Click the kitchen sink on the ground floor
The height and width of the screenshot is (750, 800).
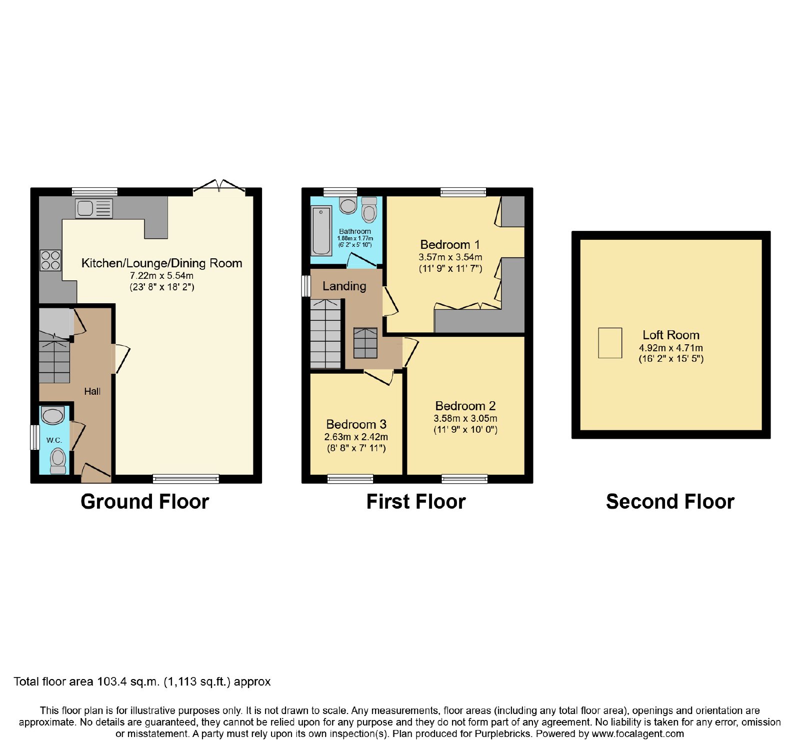tap(94, 208)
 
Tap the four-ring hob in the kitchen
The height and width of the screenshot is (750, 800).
tap(50, 260)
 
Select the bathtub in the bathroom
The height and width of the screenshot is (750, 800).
tap(321, 231)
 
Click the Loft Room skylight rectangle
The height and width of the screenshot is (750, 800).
tap(610, 343)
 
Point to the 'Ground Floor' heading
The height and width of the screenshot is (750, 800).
tap(144, 502)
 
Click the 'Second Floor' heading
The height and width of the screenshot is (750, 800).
tap(670, 502)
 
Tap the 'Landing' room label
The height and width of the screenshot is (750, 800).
tap(344, 286)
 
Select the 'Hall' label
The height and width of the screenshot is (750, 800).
tap(92, 391)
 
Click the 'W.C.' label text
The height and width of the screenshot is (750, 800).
tap(54, 440)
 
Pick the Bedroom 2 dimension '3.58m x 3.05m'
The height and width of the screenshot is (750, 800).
tap(465, 419)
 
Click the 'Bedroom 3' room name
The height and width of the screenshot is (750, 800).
tap(356, 424)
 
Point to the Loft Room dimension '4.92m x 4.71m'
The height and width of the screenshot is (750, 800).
tap(670, 348)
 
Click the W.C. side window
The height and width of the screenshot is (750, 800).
tap(34, 437)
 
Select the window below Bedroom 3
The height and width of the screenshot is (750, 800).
tap(350, 479)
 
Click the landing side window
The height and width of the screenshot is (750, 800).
tap(306, 286)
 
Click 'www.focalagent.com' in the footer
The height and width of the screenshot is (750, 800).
tap(637, 734)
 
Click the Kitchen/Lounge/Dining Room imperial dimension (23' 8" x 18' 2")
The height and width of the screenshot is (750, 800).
tap(162, 287)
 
